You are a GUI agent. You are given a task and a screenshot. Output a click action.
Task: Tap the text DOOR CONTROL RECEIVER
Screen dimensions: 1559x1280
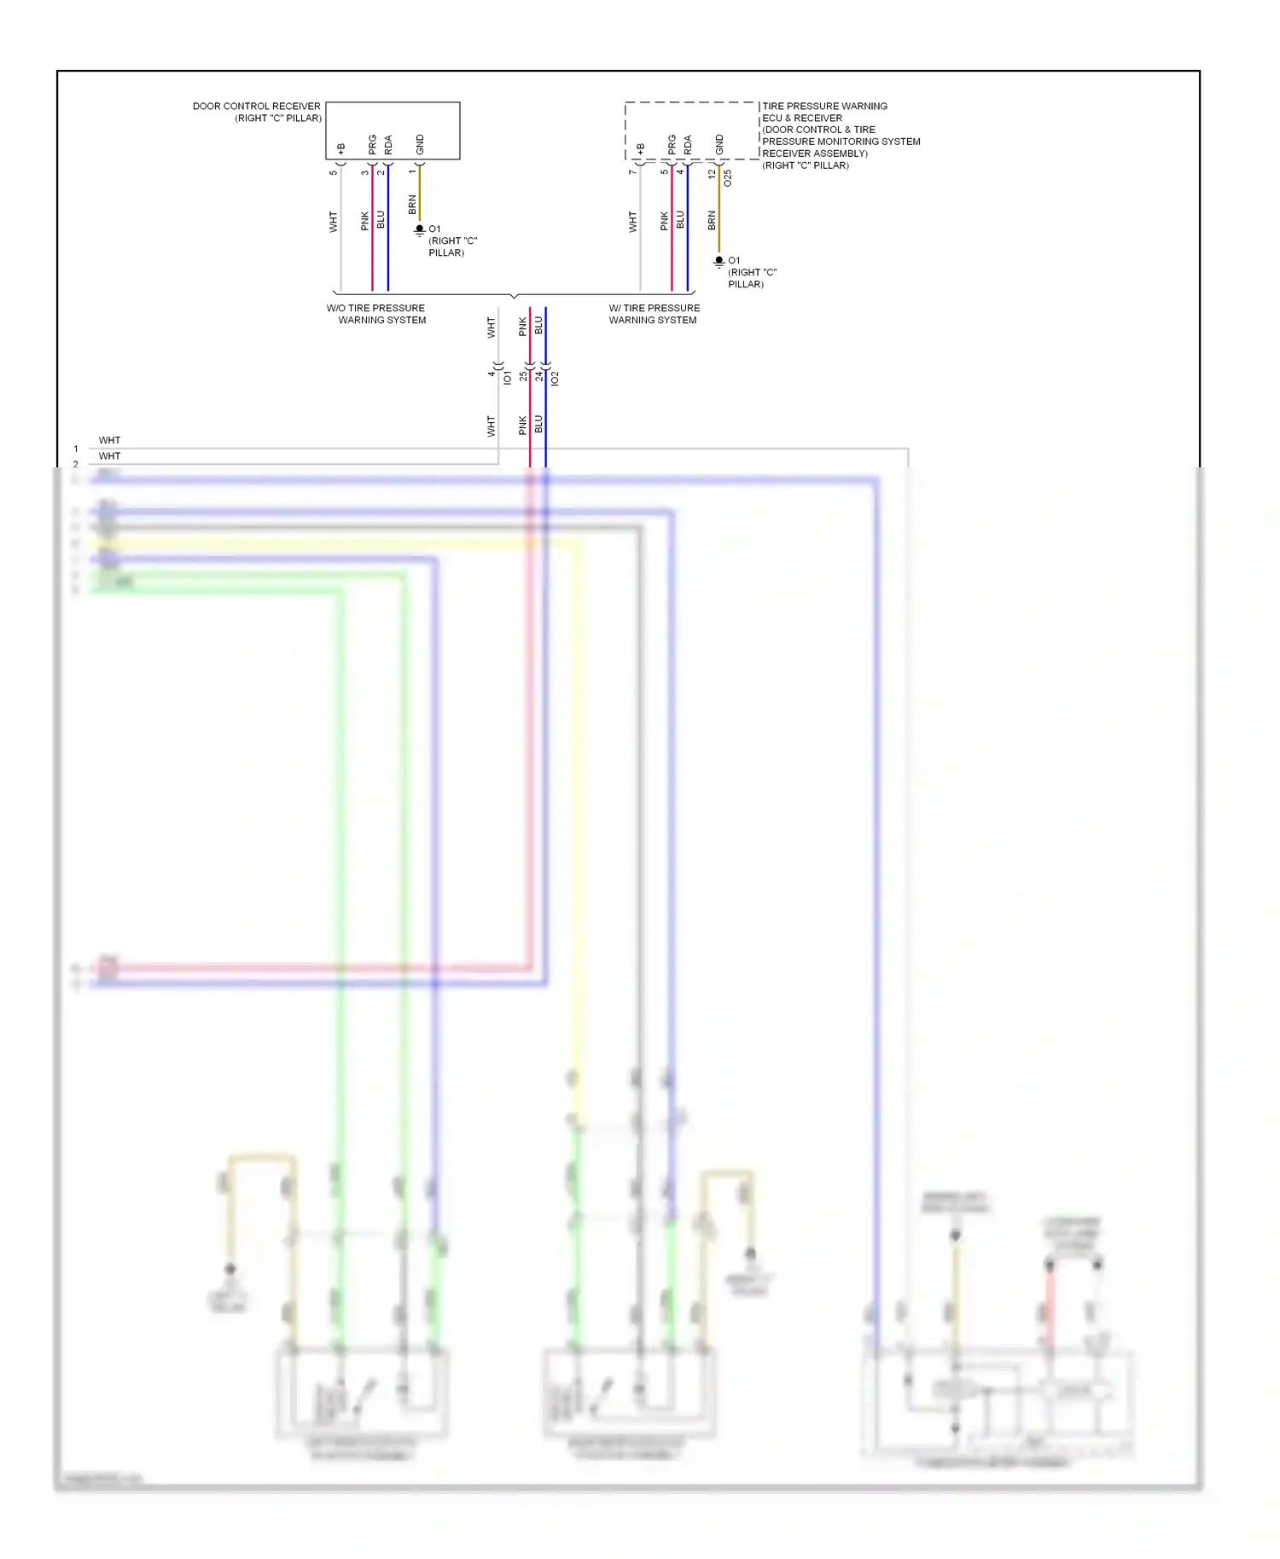tap(256, 107)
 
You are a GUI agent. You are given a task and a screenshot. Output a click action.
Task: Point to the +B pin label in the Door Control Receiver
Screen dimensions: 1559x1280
tap(340, 149)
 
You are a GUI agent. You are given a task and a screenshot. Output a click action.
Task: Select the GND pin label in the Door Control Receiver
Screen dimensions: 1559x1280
tap(420, 145)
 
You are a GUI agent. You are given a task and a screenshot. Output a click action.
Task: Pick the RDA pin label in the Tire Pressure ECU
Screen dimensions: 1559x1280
tap(688, 145)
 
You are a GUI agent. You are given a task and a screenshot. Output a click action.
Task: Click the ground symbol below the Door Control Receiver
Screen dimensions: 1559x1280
tap(419, 229)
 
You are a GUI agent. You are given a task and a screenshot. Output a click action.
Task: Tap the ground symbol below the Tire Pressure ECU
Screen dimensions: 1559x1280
tap(719, 261)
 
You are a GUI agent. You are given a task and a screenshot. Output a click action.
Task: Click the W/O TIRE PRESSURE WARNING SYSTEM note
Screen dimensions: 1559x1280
tap(376, 314)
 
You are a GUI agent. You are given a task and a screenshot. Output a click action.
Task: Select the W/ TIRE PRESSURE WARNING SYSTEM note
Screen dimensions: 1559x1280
tap(654, 314)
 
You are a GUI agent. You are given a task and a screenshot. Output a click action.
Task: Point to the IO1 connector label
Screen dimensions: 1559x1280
tap(508, 377)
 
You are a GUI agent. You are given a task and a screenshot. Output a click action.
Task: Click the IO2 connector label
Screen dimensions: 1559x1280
tap(555, 377)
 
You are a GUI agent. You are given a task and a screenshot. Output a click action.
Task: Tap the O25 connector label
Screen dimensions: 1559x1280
tap(727, 178)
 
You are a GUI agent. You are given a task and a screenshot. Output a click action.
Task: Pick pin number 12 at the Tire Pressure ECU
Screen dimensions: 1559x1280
tap(712, 173)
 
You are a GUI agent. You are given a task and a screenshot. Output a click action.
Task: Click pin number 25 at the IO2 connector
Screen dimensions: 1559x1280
tap(523, 375)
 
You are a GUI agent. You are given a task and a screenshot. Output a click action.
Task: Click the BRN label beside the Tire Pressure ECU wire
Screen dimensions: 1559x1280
tap(712, 221)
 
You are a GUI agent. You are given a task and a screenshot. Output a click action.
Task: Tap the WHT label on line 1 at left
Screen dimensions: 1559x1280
tap(109, 441)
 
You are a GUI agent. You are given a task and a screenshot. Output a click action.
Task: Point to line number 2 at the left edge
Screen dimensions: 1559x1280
tap(76, 464)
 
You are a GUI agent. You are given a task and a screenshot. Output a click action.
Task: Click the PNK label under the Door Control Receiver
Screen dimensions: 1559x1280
tap(365, 221)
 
